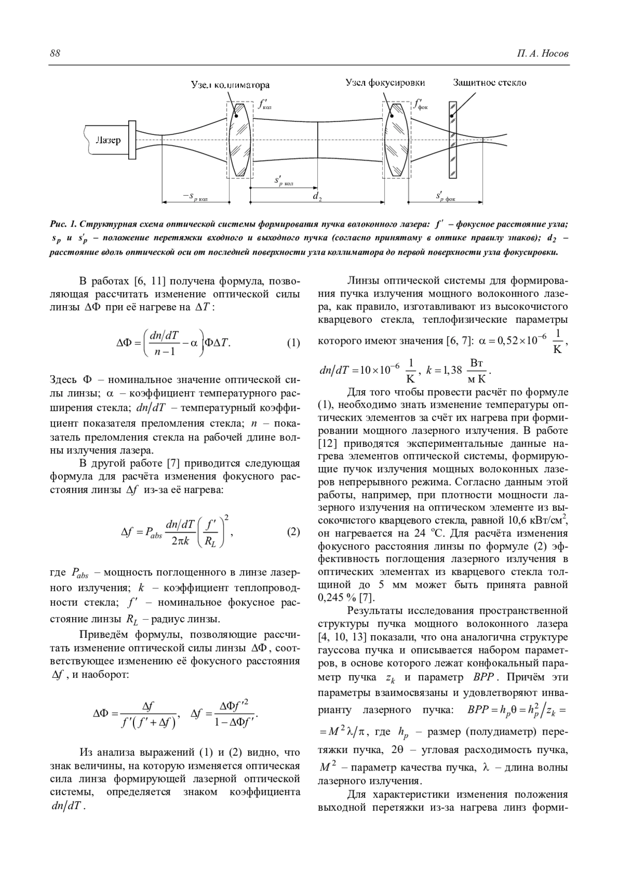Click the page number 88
pos(55,54)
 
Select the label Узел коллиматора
pos(230,84)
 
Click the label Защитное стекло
pos(490,82)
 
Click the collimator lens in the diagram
pos(240,140)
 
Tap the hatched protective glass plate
pos(452,140)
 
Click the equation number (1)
pos(293,343)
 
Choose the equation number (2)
pos(293,532)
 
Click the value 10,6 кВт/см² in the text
pos(536,520)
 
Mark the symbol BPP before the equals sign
pos(477,710)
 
